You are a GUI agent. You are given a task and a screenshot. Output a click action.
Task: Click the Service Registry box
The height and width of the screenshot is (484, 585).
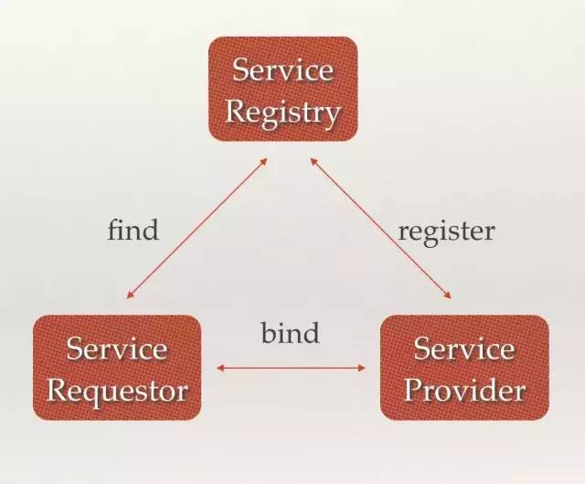click(x=282, y=89)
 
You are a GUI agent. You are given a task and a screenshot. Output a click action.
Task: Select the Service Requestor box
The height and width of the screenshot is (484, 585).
click(x=116, y=369)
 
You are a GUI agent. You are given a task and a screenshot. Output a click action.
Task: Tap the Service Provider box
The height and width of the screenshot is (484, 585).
click(x=464, y=369)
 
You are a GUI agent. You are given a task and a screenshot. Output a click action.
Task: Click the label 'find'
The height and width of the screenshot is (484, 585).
click(x=133, y=229)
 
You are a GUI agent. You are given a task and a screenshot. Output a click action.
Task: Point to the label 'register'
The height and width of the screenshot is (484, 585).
click(x=446, y=231)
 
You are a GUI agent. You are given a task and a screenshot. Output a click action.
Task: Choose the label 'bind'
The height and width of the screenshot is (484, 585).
click(x=290, y=333)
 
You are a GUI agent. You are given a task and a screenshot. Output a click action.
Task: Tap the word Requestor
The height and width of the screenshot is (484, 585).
click(x=116, y=392)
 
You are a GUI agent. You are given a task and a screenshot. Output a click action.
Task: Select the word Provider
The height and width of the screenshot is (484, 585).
click(x=464, y=392)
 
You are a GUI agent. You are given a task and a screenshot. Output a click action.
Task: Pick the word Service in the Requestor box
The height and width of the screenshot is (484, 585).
click(x=117, y=349)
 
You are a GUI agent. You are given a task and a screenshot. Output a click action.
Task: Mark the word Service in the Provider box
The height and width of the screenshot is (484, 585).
click(x=464, y=348)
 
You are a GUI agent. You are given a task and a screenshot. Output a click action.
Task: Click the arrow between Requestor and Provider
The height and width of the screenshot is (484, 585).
click(x=290, y=368)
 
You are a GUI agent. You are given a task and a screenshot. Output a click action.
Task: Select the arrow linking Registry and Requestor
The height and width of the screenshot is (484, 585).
click(x=197, y=228)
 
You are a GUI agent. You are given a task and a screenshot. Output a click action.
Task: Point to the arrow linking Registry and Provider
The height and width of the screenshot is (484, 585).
click(x=381, y=228)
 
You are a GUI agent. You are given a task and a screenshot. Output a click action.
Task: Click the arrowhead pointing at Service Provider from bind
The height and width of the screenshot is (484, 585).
click(x=361, y=368)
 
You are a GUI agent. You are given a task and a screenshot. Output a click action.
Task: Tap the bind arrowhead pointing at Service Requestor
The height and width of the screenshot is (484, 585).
click(x=220, y=368)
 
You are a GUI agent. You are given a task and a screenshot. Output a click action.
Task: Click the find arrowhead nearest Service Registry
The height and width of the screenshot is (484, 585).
click(x=263, y=160)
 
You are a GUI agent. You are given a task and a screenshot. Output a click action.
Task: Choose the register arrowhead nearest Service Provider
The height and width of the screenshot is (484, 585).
click(x=449, y=296)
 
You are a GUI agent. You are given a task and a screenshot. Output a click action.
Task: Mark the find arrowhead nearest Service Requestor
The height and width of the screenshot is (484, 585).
click(x=130, y=296)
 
